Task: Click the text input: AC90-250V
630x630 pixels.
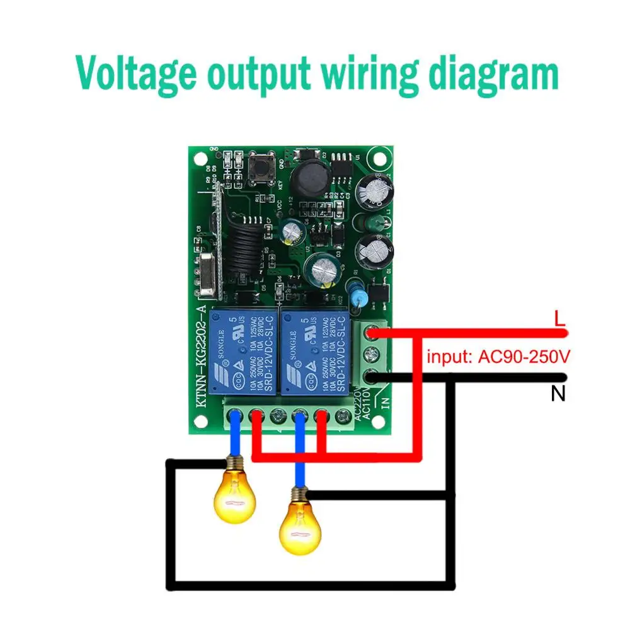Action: (x=498, y=357)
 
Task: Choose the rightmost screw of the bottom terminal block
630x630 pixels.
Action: (x=344, y=415)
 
